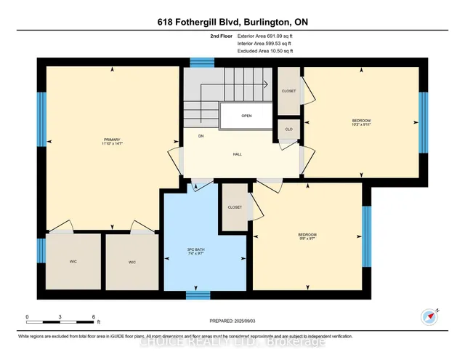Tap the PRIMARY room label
pyautogui.click(x=111, y=140)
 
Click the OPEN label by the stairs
pyautogui.click(x=246, y=116)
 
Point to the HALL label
pyautogui.click(x=237, y=154)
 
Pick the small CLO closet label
pyautogui.click(x=288, y=129)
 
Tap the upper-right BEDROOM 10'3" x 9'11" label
pyautogui.click(x=361, y=122)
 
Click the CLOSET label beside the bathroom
pyautogui.click(x=234, y=207)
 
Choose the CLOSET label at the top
pyautogui.click(x=288, y=92)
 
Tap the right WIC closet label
pyautogui.click(x=132, y=263)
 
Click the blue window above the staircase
pyautogui.click(x=198, y=63)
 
